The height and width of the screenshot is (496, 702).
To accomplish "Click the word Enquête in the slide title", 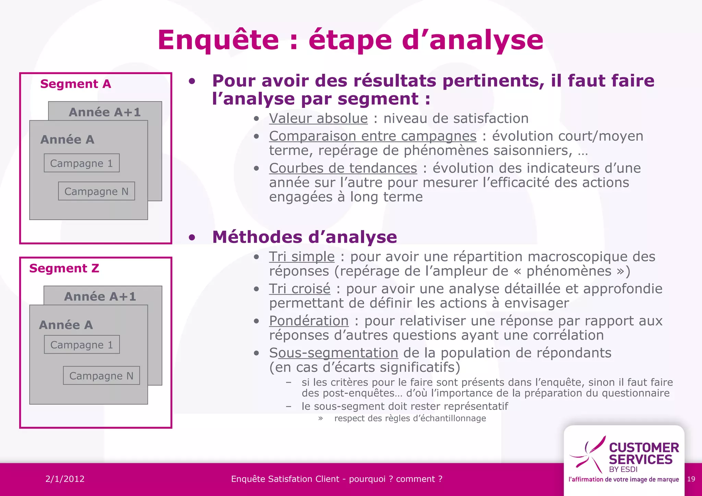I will pyautogui.click(x=218, y=40).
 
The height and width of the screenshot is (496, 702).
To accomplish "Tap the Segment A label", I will pyautogui.click(x=76, y=84).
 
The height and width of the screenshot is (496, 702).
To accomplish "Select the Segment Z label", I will pyautogui.click(x=64, y=268).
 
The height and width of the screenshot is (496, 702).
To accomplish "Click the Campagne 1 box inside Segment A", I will pyautogui.click(x=82, y=163).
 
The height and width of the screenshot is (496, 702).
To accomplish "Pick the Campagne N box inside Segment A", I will pyautogui.click(x=96, y=191).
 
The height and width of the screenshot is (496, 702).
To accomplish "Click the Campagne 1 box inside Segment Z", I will pyautogui.click(x=82, y=344).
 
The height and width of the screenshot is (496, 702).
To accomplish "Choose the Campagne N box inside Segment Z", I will pyautogui.click(x=101, y=376).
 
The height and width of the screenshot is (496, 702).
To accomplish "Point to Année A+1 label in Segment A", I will pyautogui.click(x=105, y=112).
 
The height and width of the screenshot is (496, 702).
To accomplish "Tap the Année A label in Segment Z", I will pyautogui.click(x=66, y=325).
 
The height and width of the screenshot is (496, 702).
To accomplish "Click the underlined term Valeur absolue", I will pyautogui.click(x=318, y=119).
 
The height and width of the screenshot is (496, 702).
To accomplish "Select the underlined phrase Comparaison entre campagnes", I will pyautogui.click(x=373, y=136).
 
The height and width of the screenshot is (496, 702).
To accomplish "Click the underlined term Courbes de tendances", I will pyautogui.click(x=343, y=168).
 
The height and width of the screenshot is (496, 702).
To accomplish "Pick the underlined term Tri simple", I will pyautogui.click(x=302, y=257).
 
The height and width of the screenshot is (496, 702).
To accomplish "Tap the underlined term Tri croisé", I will pyautogui.click(x=300, y=289).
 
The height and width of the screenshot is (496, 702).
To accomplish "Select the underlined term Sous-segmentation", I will pyautogui.click(x=334, y=353).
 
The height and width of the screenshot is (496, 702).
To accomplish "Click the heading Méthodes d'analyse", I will pyautogui.click(x=304, y=237).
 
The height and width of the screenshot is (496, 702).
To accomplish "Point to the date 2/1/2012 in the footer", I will pyautogui.click(x=65, y=479).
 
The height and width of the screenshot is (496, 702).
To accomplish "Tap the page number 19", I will pyautogui.click(x=691, y=479).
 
